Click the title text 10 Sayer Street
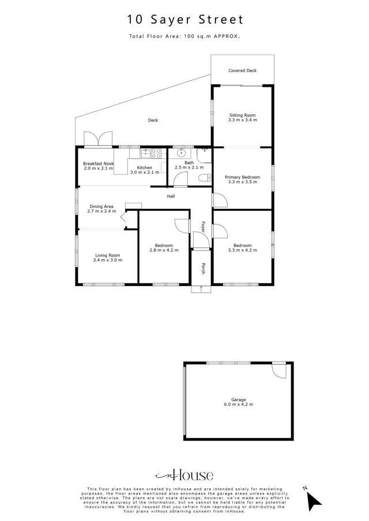point(184,20)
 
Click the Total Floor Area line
point(184,36)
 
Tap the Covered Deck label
point(242,71)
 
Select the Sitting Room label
point(242,115)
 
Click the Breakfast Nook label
point(98,163)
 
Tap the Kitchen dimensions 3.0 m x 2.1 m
point(144,172)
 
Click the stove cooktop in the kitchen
point(156,153)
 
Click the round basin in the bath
point(182,153)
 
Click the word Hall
point(171,196)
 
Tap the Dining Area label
point(101,206)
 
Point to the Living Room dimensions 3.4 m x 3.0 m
point(107,260)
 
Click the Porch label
point(203,268)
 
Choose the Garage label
point(238,400)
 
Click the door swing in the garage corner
point(279,370)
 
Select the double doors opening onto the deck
point(97,139)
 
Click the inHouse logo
point(184,475)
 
